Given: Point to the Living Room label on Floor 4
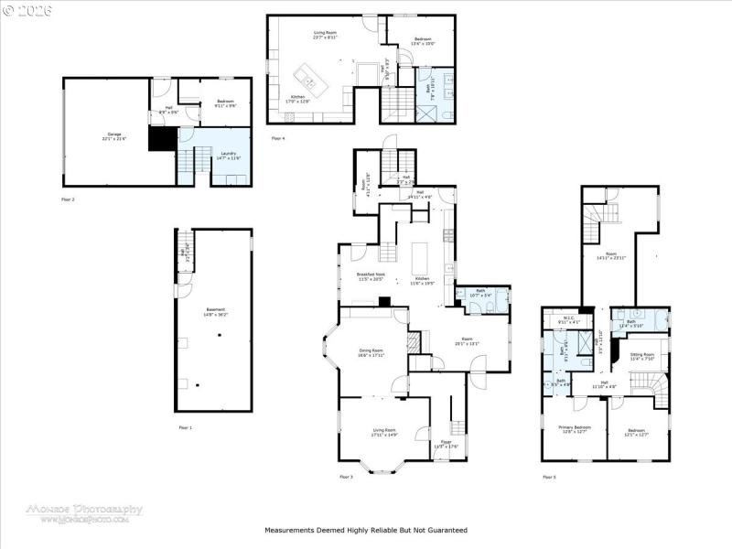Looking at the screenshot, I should pyautogui.click(x=326, y=35).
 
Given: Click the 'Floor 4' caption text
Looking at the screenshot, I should pyautogui.click(x=278, y=138).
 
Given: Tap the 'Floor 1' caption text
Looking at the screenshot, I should pyautogui.click(x=186, y=427).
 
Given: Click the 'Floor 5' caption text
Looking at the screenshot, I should pyautogui.click(x=549, y=477).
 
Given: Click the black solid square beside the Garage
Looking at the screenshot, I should pyautogui.click(x=161, y=139).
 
